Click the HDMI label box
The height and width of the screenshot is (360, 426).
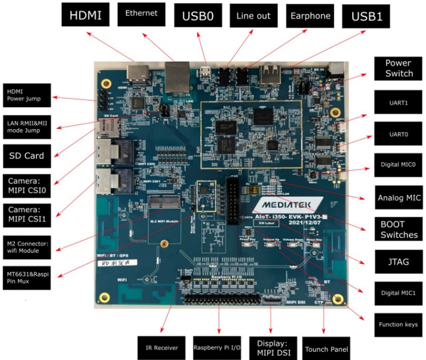86,16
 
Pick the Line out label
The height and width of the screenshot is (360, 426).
253,16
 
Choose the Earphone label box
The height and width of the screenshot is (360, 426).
310,16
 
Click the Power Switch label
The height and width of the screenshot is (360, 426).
399,69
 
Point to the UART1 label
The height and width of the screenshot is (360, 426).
399,102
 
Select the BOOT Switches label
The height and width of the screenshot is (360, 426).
399,230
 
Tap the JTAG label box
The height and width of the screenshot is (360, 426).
399,262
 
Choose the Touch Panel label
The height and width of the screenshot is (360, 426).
326,349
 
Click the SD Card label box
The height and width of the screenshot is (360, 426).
27,156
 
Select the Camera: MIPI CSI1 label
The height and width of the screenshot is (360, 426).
27,215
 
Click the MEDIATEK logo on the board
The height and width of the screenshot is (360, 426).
281,204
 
